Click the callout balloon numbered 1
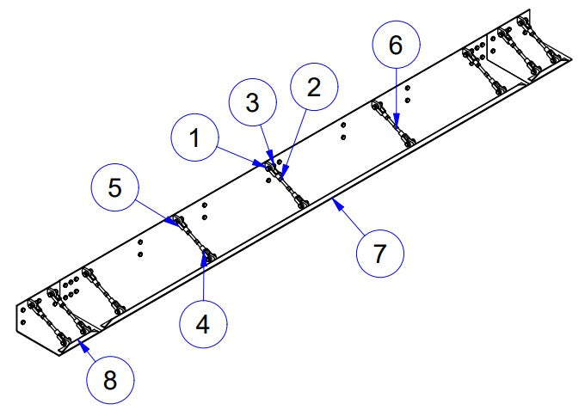194,138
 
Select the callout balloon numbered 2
314,87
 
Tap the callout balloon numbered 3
253,102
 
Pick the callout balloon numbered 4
203,324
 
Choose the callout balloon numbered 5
115,187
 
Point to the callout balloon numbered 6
396,45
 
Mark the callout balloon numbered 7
379,254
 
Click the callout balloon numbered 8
110,380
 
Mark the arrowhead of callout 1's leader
260,163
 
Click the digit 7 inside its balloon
379,254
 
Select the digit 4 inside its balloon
203,324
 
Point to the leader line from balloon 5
154,211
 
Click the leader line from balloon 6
397,98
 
